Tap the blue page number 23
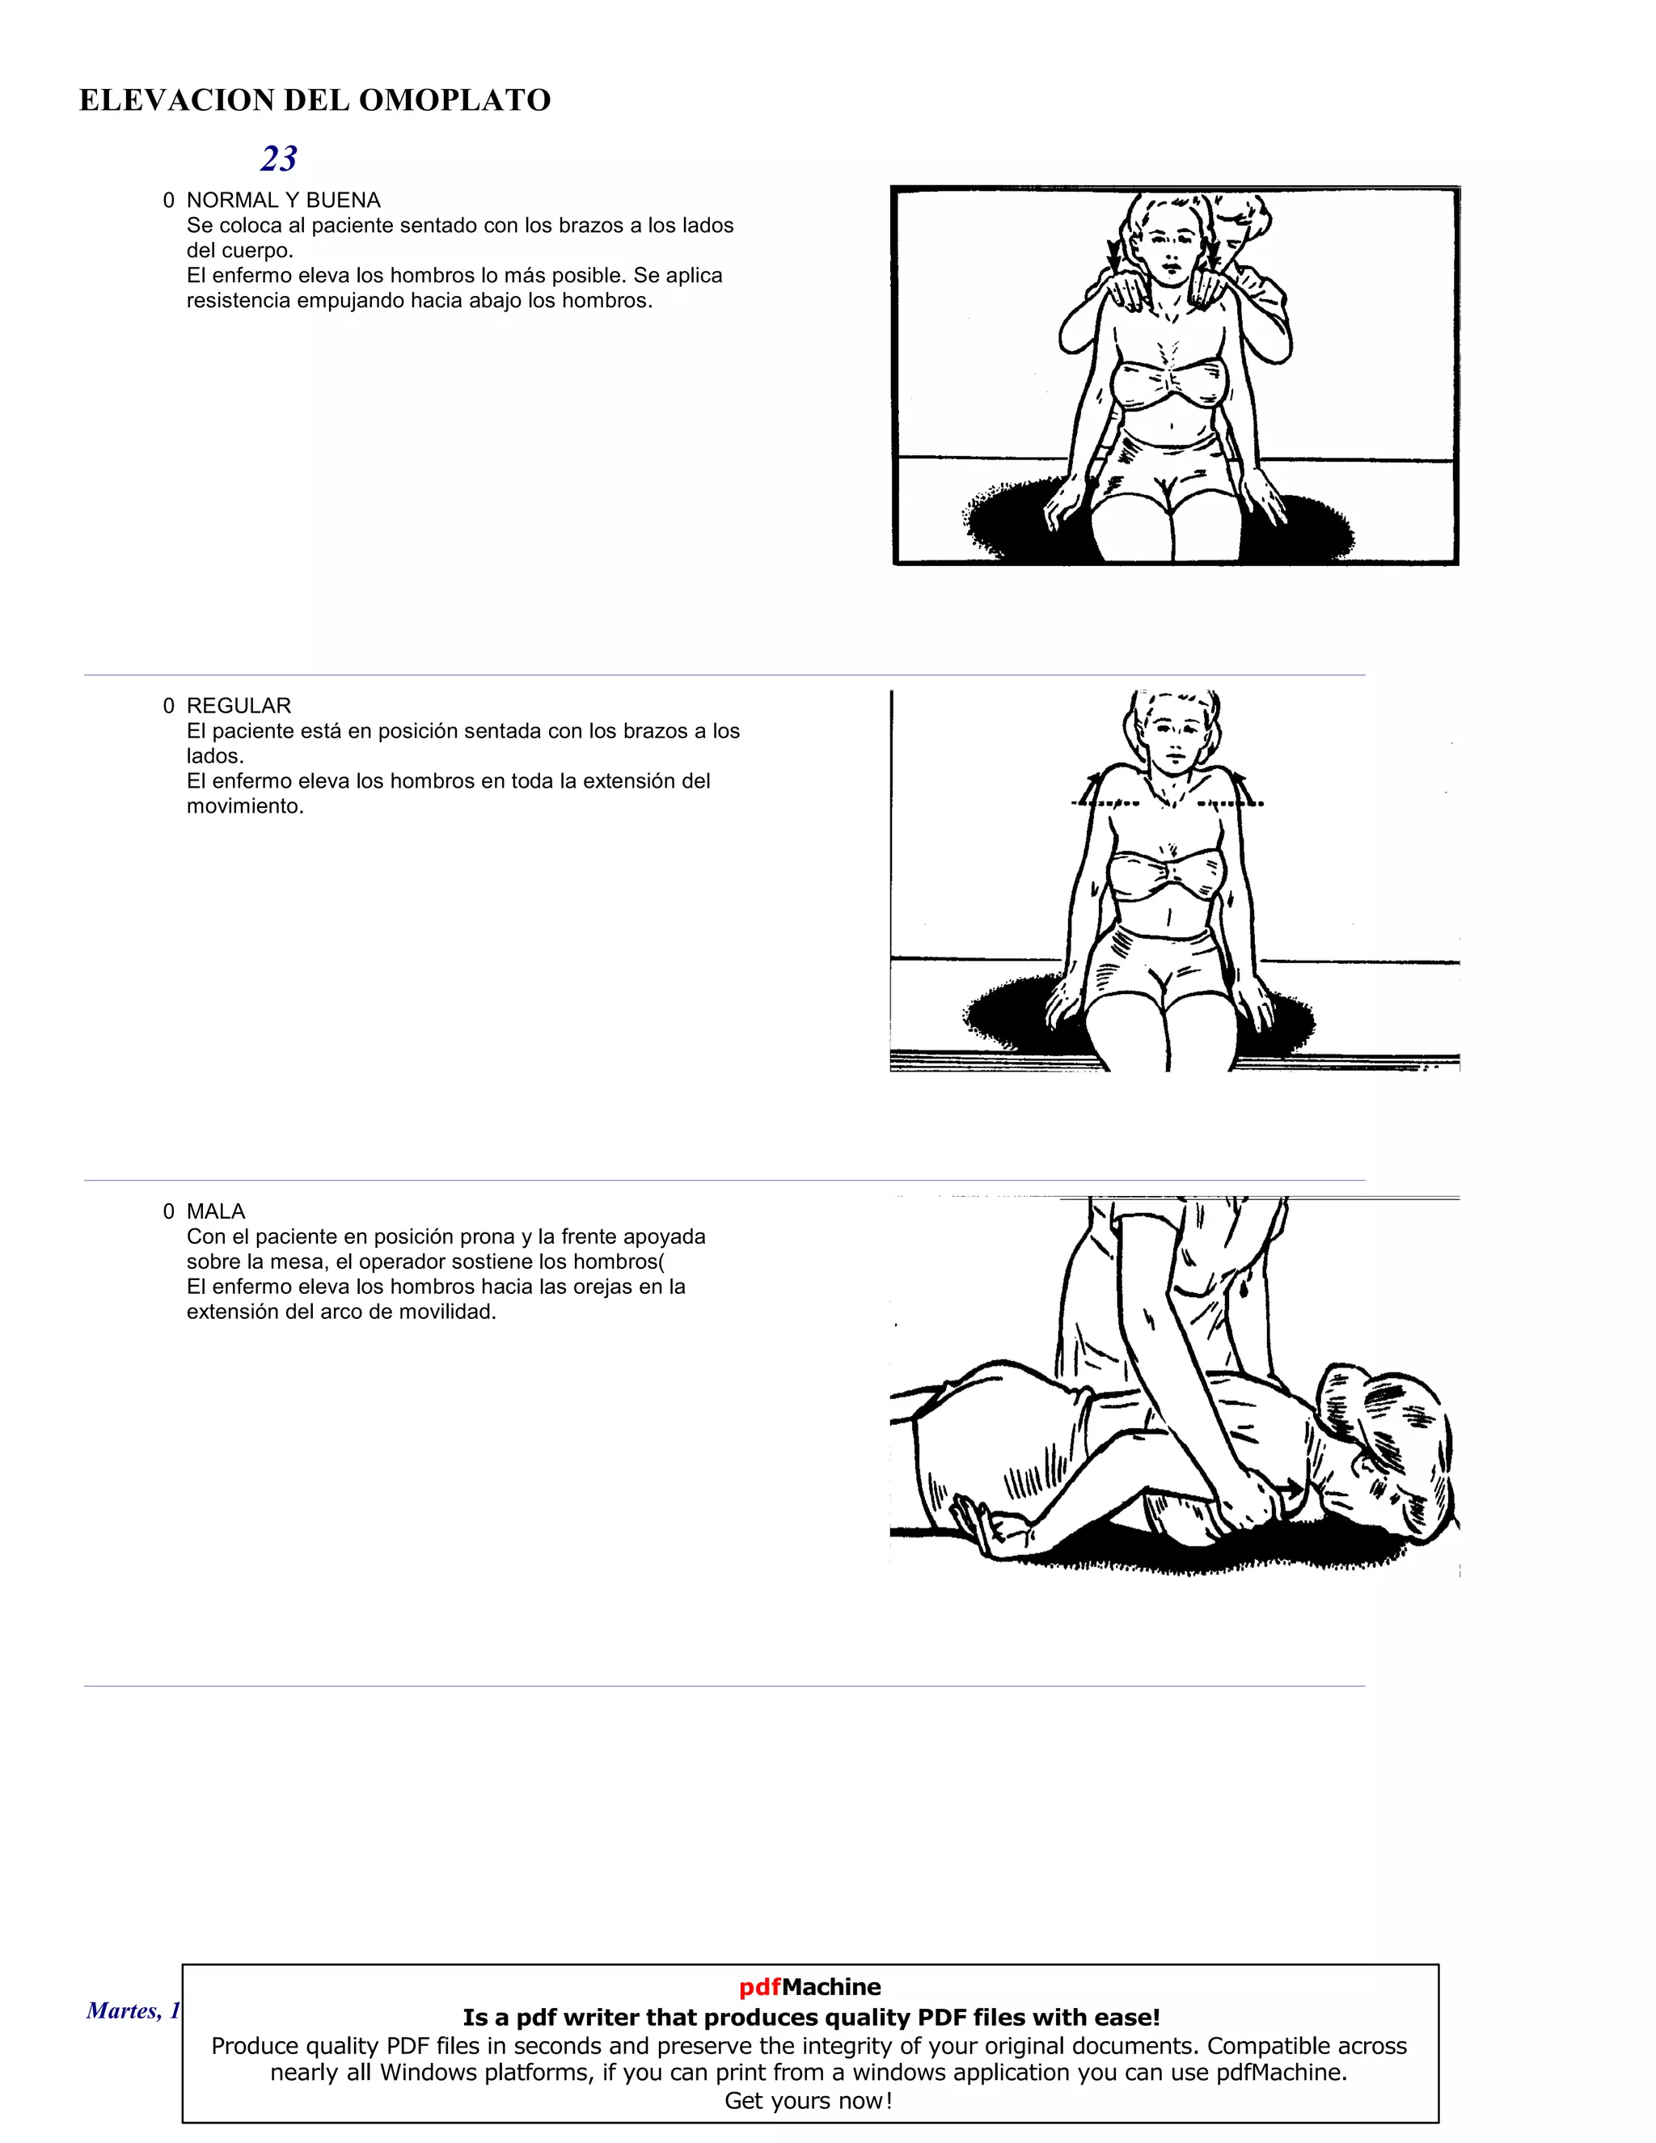point(279,159)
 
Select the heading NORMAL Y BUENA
point(284,201)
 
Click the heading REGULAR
point(239,705)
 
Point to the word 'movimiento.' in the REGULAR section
point(245,805)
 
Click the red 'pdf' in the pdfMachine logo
point(759,1987)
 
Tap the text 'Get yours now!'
point(809,2101)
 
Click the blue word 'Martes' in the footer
point(120,2010)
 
